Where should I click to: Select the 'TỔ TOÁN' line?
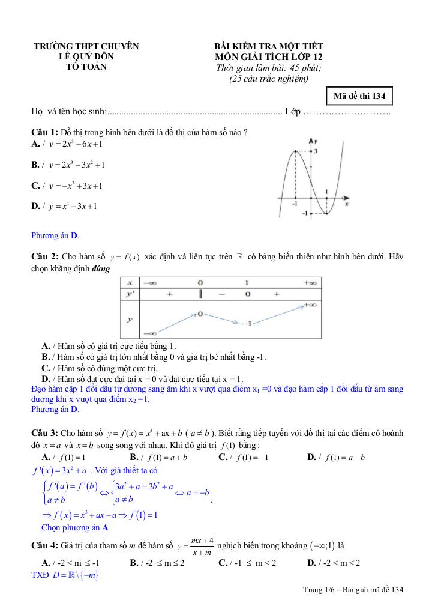86,67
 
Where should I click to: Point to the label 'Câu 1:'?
44,132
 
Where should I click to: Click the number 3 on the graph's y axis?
316,151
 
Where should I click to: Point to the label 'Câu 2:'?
44,257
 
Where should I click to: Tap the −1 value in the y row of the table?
246,324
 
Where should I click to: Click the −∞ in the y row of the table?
150,333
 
